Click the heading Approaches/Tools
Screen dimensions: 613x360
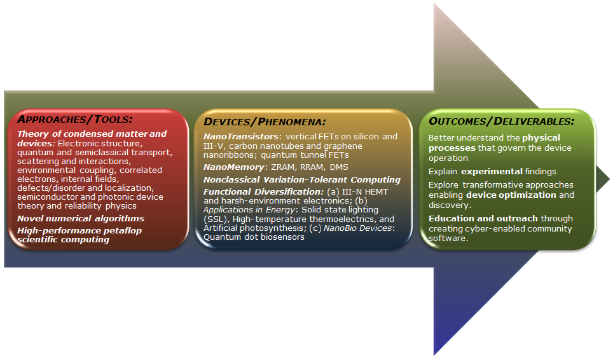coord(75,119)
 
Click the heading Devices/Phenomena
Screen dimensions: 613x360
coord(265,121)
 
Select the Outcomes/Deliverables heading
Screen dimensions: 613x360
coord(502,121)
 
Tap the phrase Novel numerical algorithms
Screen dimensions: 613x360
coord(81,219)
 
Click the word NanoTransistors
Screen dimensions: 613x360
coord(241,136)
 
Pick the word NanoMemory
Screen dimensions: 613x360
coord(234,167)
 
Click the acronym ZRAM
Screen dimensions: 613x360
coord(283,167)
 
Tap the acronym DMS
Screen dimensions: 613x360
coord(339,167)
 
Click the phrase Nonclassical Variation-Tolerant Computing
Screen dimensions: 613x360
coord(302,180)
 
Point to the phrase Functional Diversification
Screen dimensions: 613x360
coord(263,192)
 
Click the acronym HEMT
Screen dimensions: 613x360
coord(376,192)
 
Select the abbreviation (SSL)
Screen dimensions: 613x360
coord(215,219)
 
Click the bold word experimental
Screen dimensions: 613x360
coord(492,172)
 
